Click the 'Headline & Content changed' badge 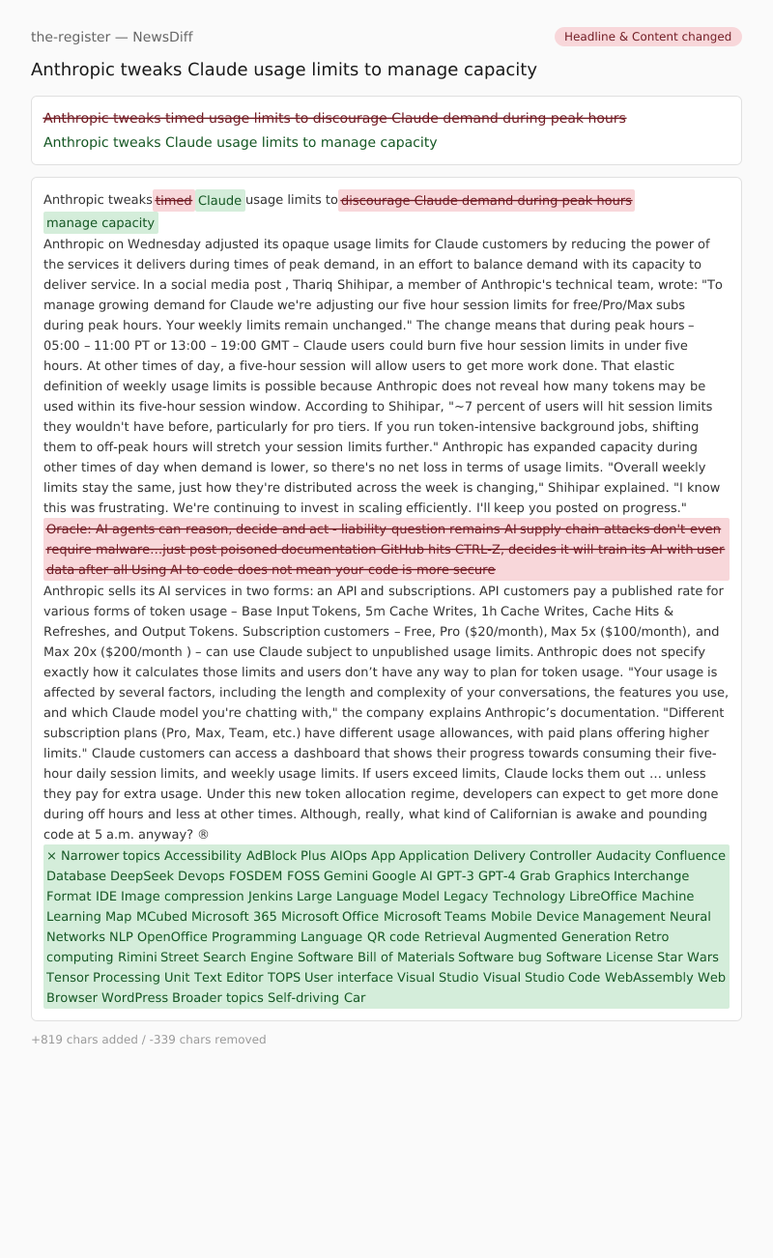click(647, 37)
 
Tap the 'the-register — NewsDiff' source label click(112, 37)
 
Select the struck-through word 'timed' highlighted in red click(174, 200)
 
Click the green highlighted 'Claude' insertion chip click(219, 201)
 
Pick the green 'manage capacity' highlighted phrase click(100, 223)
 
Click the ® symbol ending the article click(203, 834)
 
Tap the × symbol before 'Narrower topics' click(51, 855)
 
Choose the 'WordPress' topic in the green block click(134, 997)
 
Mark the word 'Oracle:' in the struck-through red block click(69, 529)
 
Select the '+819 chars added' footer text click(81, 1040)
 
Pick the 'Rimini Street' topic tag click(158, 957)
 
